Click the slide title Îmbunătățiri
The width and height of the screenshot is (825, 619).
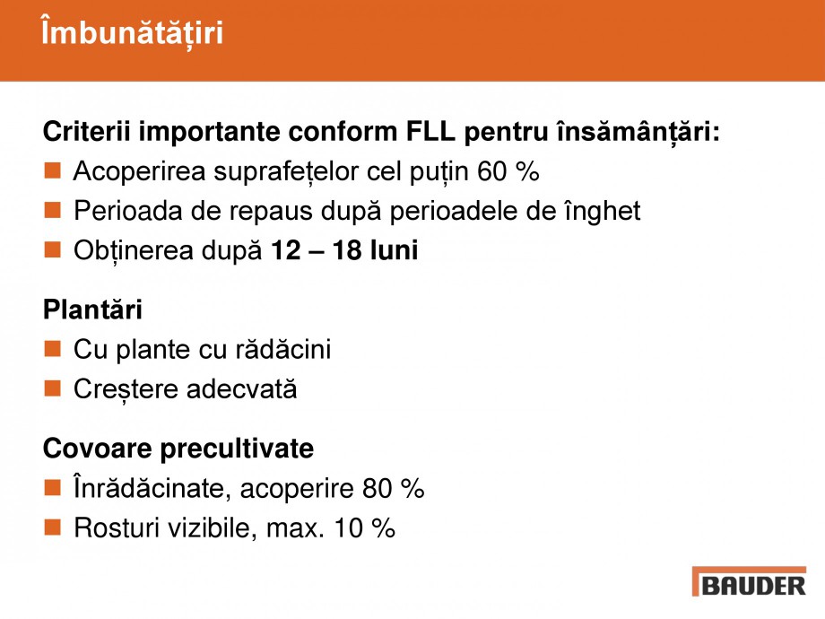(132, 32)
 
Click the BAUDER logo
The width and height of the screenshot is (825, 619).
(749, 581)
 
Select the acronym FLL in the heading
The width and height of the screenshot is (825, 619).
(427, 131)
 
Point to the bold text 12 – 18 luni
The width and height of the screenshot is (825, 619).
(344, 251)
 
